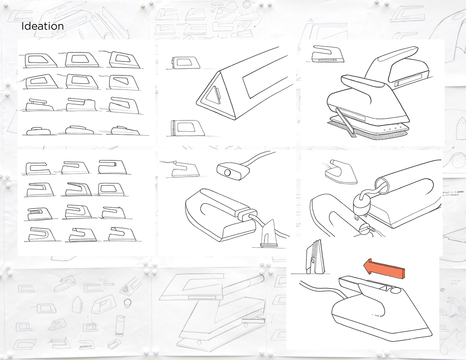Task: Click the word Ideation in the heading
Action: (x=42, y=26)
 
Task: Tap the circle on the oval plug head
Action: (x=228, y=171)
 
